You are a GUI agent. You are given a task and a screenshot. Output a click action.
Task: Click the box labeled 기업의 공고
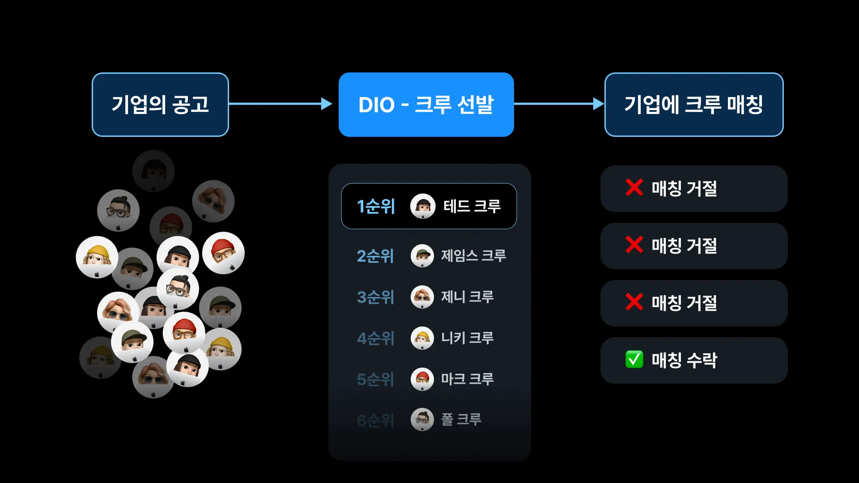tap(160, 105)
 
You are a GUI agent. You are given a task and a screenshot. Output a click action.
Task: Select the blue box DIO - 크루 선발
tap(426, 105)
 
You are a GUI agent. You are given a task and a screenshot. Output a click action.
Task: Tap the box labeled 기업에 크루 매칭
tap(693, 105)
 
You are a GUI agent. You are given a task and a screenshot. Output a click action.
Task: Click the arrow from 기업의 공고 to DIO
tap(280, 104)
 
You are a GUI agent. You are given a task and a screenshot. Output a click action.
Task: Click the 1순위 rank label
tap(376, 206)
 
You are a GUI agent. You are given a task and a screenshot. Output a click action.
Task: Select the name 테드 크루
tap(472, 206)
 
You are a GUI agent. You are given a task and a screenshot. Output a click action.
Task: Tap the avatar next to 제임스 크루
tap(422, 256)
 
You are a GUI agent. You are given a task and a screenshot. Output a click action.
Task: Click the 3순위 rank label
tap(375, 297)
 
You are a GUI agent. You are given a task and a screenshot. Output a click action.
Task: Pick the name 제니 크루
tap(467, 297)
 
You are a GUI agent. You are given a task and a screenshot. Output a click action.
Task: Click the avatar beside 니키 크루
tap(422, 338)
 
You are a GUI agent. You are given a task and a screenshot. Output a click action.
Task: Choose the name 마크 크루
tap(467, 379)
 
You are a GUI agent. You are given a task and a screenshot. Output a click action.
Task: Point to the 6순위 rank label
tap(375, 420)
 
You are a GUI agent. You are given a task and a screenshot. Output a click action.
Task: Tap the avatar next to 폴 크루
tap(422, 419)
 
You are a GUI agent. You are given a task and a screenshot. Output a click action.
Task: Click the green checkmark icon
tap(634, 359)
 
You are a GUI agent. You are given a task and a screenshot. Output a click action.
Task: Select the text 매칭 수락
tap(684, 360)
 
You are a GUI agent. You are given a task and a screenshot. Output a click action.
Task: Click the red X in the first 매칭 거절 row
tap(634, 187)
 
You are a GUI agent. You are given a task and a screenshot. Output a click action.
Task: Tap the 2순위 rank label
tap(375, 256)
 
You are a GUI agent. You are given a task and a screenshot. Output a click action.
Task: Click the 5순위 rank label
tap(375, 379)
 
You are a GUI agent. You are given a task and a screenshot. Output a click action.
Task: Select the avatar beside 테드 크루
tap(423, 206)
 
